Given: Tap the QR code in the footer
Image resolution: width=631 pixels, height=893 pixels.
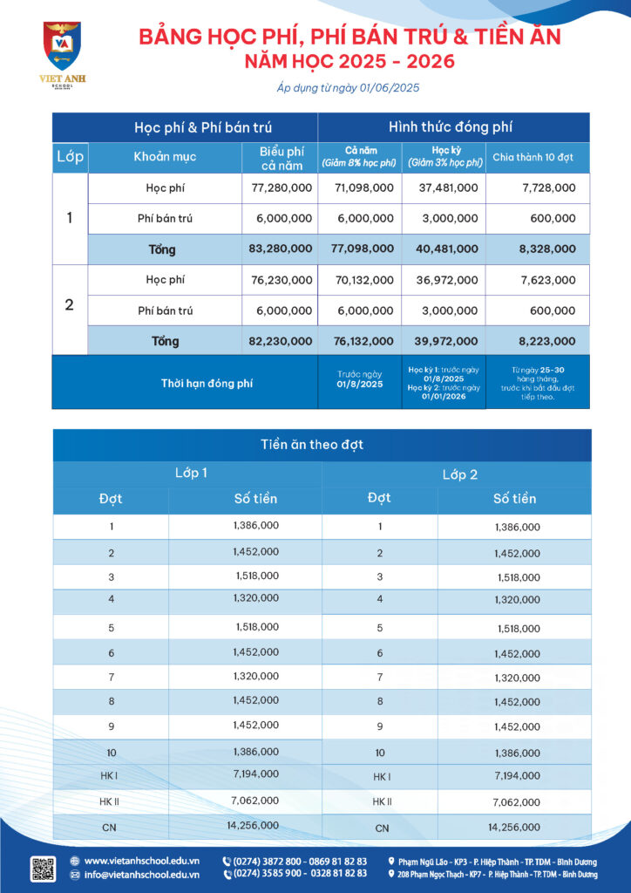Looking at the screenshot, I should click(43, 869).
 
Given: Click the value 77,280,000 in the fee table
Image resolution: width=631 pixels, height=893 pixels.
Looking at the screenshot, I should click(281, 187).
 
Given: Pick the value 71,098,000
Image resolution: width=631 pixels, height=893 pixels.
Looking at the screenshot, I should click(362, 187).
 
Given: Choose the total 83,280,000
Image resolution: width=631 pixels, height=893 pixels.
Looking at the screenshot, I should click(280, 249).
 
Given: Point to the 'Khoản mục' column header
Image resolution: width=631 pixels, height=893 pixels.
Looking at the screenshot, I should click(165, 157).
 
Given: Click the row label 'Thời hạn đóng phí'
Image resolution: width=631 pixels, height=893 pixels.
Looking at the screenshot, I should click(207, 383).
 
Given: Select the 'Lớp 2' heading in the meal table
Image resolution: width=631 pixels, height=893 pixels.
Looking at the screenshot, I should click(459, 475).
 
